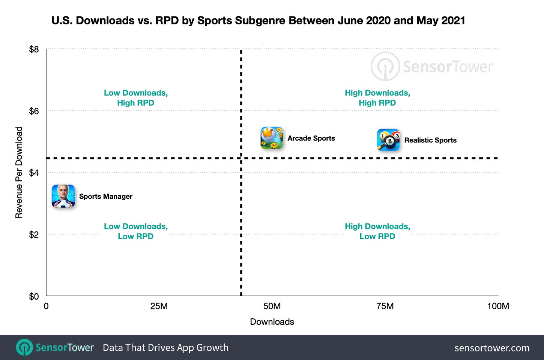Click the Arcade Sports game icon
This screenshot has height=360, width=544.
pyautogui.click(x=272, y=138)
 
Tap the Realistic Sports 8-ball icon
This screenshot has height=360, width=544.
pyautogui.click(x=388, y=140)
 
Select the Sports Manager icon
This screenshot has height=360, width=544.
pyautogui.click(x=63, y=196)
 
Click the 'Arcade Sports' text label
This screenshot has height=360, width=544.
pyautogui.click(x=311, y=138)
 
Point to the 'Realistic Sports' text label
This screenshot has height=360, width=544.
pyautogui.click(x=430, y=140)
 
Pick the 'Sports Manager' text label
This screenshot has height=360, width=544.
pyautogui.click(x=106, y=196)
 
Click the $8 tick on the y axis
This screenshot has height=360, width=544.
pyautogui.click(x=34, y=49)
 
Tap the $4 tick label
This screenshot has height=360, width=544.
pyautogui.click(x=34, y=173)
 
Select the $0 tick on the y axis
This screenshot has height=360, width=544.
pyautogui.click(x=34, y=297)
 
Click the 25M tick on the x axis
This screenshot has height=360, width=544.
pyautogui.click(x=159, y=306)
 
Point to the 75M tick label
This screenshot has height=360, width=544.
pyautogui.click(x=385, y=306)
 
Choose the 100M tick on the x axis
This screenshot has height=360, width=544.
pyautogui.click(x=498, y=306)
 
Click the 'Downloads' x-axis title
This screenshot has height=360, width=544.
pyautogui.click(x=272, y=322)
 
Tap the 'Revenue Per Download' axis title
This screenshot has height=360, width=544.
pyautogui.click(x=19, y=172)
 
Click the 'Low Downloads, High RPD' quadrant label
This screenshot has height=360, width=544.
pyautogui.click(x=136, y=98)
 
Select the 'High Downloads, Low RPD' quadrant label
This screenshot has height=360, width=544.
pyautogui.click(x=377, y=231)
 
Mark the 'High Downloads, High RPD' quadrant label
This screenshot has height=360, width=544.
pyautogui.click(x=377, y=98)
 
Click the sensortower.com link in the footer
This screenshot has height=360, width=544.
pyautogui.click(x=492, y=348)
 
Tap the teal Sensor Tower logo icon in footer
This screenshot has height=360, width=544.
pyautogui.click(x=25, y=348)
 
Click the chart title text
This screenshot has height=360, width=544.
pyautogui.click(x=258, y=20)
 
